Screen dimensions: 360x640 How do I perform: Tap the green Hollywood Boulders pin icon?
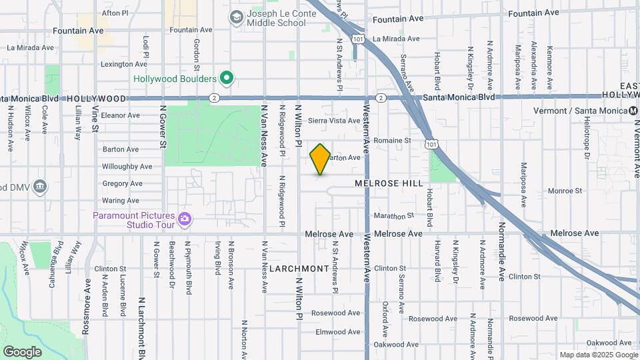pos(227,79)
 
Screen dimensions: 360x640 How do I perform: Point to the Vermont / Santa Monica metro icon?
pos(633,110)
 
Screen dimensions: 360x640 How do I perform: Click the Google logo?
pos(22,351)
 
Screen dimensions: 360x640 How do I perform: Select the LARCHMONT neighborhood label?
pos(299,269)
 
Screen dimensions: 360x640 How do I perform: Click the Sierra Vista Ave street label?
pos(334,121)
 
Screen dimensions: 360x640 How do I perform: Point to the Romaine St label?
pos(392,141)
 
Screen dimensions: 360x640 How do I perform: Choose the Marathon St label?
pos(393,216)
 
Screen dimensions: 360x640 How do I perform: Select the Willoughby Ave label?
pos(127,166)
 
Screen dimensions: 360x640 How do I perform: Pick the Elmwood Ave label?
pos(338,331)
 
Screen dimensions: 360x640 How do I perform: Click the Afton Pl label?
pos(115,13)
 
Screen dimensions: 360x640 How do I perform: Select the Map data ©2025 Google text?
pos(597,355)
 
